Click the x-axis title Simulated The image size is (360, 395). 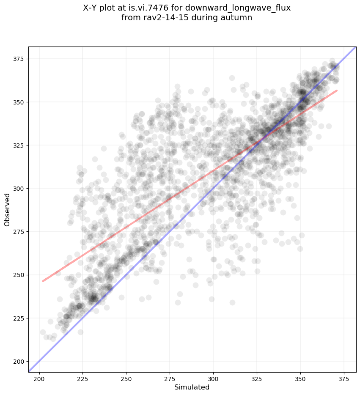tap(192, 387)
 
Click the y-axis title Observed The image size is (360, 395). tap(7, 210)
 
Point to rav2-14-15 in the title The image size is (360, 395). tap(160, 17)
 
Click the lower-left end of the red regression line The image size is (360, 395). tap(43, 281)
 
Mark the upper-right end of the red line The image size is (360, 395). tap(337, 90)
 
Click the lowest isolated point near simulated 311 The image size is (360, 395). tap(232, 302)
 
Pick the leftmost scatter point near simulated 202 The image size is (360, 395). tap(43, 332)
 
